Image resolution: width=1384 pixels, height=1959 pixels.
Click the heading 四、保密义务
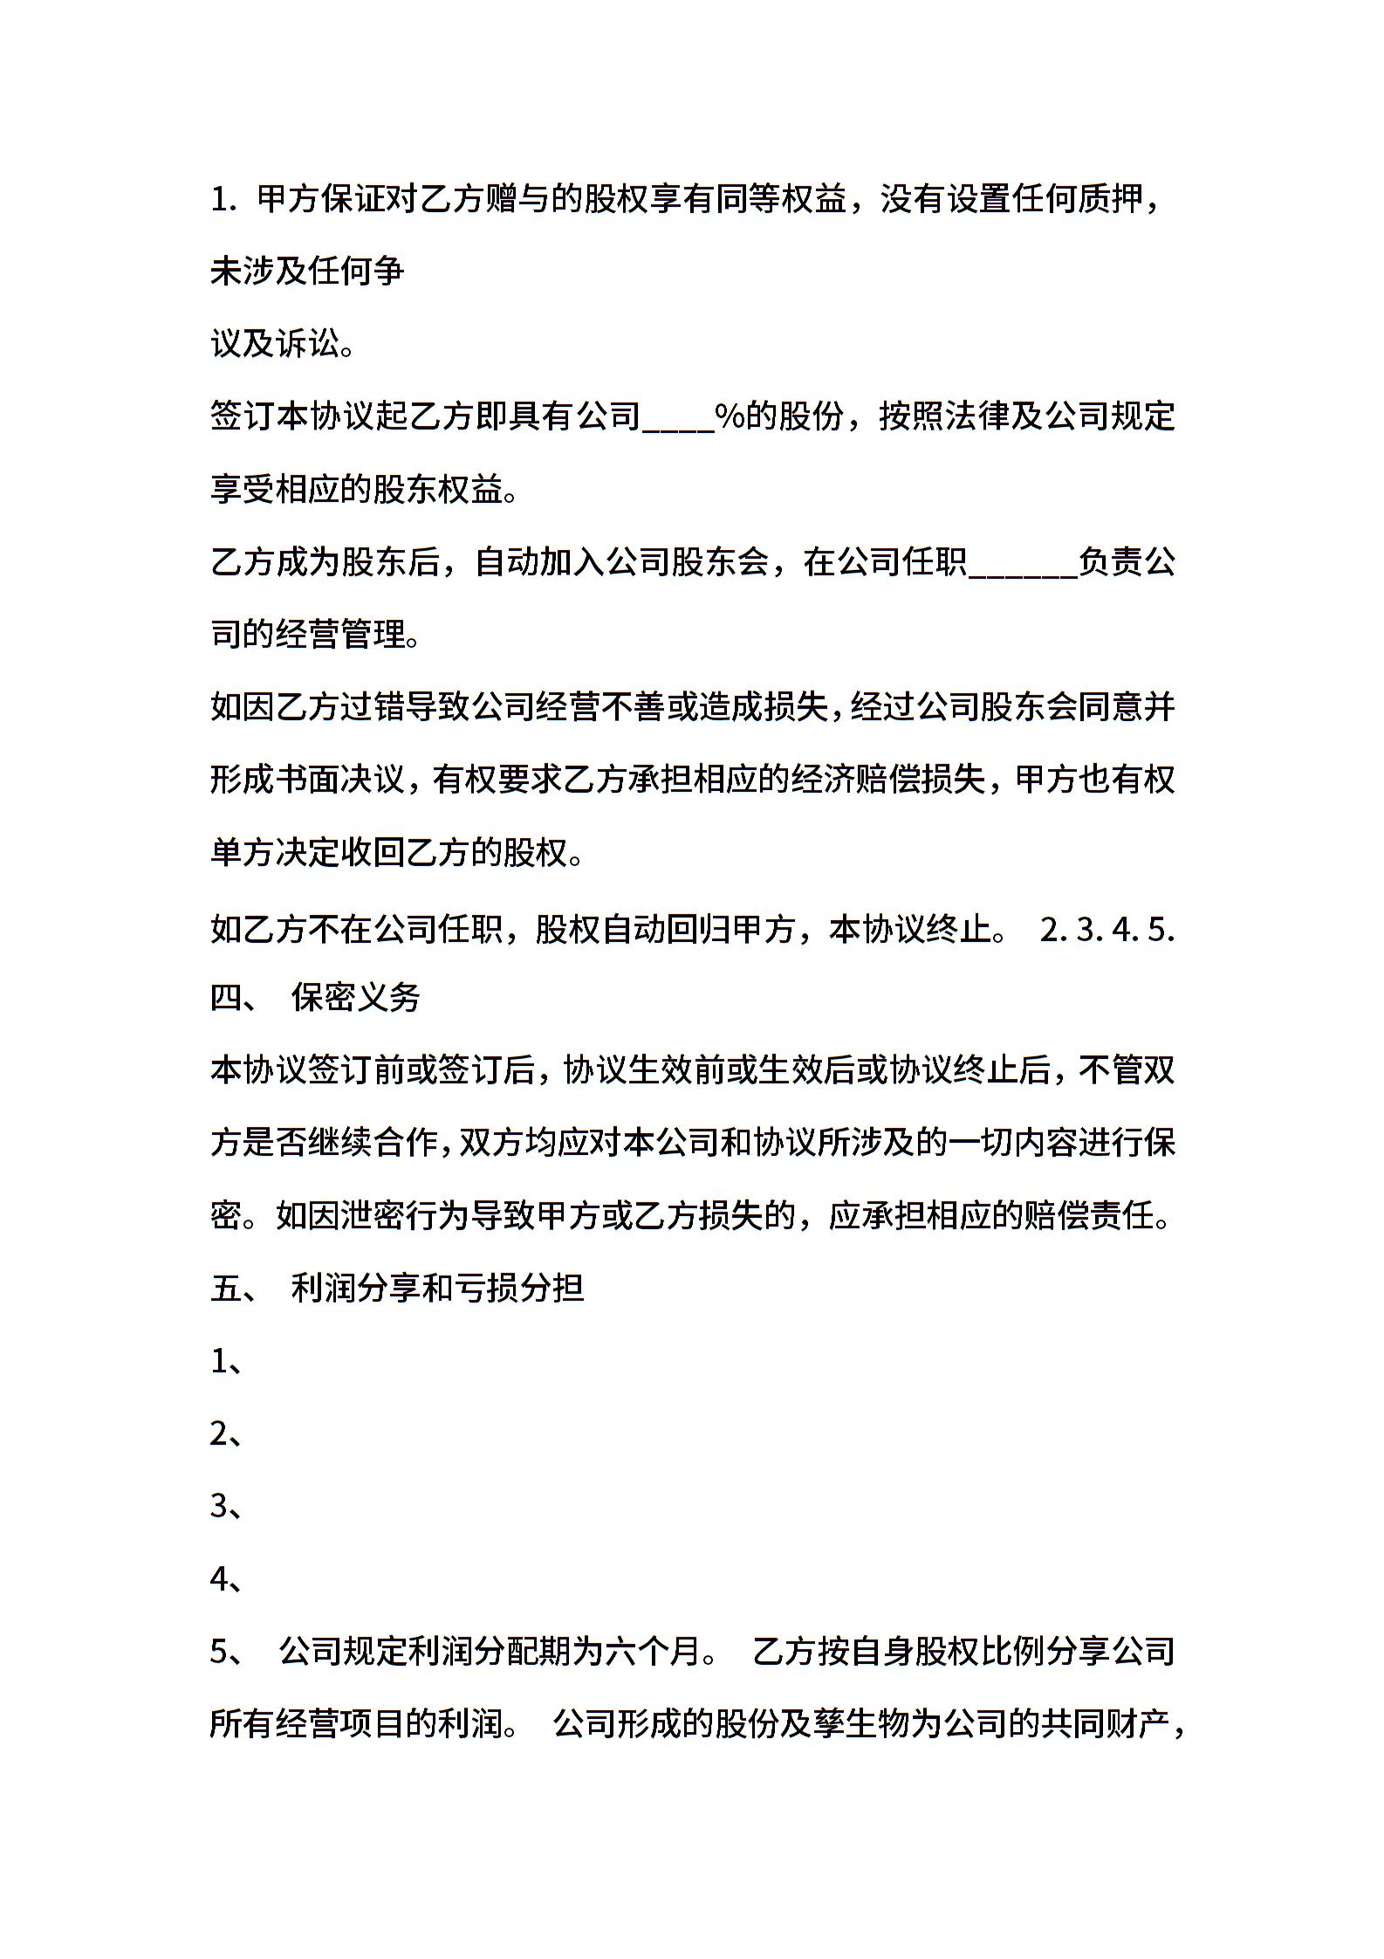(x=315, y=998)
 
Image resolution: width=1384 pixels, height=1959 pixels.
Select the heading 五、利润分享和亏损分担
(x=396, y=1288)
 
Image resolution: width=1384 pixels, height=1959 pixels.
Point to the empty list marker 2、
(x=226, y=1434)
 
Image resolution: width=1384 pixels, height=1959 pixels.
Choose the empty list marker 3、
(x=226, y=1507)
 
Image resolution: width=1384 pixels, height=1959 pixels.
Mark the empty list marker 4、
(x=226, y=1579)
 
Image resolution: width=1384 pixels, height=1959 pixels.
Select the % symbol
(x=729, y=416)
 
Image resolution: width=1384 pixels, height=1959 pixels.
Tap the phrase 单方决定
(x=274, y=852)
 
